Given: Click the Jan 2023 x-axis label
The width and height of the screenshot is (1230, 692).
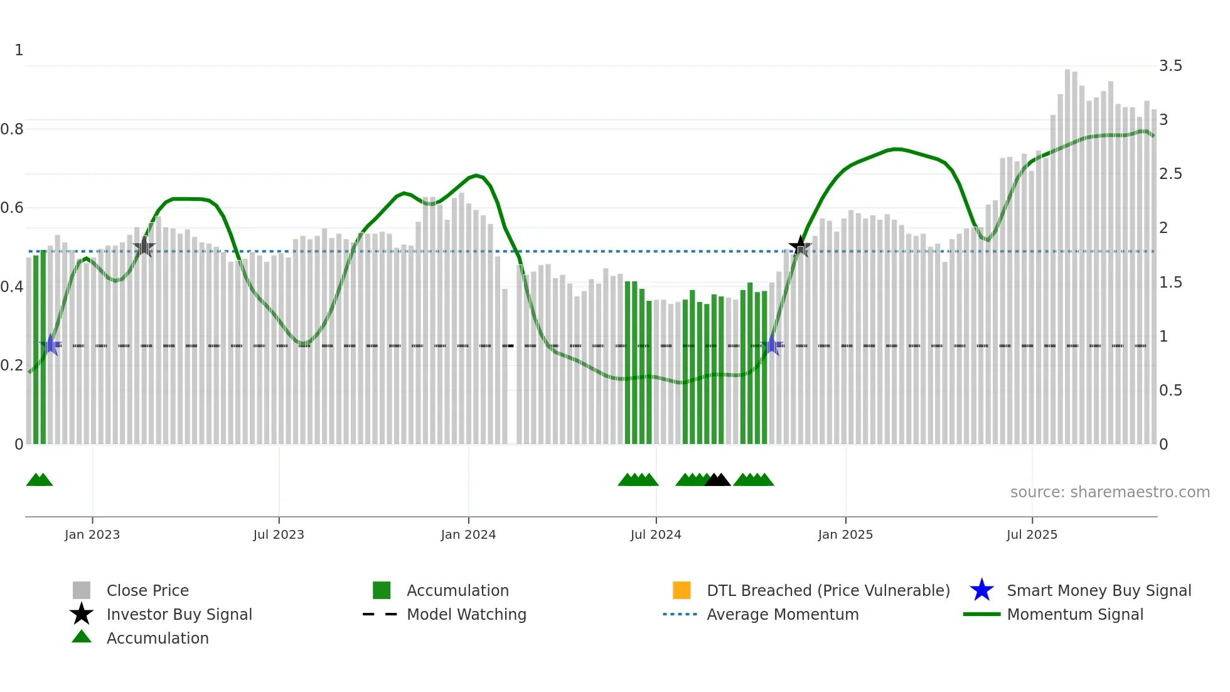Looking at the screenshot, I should click(x=92, y=534).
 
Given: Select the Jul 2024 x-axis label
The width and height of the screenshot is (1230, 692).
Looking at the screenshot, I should click(x=656, y=534).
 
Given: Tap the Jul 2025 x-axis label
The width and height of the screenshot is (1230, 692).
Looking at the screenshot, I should click(x=1032, y=534).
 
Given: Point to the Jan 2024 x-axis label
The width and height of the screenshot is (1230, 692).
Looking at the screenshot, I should click(x=468, y=534).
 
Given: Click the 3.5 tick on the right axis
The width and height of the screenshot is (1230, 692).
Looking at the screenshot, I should click(x=1170, y=66).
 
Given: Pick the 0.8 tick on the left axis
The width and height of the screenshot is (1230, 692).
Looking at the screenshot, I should click(x=12, y=129).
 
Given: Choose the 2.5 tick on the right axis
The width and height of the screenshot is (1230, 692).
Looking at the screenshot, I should click(x=1170, y=174).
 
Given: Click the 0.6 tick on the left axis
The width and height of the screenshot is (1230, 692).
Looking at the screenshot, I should click(x=12, y=208).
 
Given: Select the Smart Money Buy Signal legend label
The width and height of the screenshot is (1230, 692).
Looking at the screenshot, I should click(x=1099, y=590).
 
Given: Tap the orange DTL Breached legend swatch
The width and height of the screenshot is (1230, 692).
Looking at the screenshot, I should click(x=682, y=590).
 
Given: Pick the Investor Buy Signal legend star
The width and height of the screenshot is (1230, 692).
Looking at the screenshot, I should click(x=82, y=614).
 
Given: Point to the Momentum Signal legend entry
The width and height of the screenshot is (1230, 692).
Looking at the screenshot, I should click(x=1075, y=614).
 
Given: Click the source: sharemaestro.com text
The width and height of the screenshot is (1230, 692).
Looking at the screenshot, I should click(x=1110, y=492).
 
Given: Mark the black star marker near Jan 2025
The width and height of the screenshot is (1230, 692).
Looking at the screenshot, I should click(x=800, y=246).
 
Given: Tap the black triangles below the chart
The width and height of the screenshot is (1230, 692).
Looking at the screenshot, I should click(x=717, y=480).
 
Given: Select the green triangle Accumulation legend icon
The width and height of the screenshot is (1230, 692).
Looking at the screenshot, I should click(x=82, y=637).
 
